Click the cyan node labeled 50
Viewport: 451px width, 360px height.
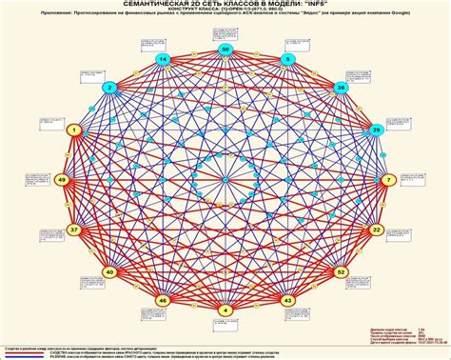point(225,49)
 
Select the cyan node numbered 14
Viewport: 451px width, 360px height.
point(163,60)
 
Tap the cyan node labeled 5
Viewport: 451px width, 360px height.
point(286,59)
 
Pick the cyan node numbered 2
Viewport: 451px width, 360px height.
point(111,88)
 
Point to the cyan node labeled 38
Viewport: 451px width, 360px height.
point(341,87)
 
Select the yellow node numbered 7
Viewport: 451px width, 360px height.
point(387,179)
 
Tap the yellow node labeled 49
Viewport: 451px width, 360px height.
point(62,179)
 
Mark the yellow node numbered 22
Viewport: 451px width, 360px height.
point(377,230)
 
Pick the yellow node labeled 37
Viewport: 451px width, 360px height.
point(74,230)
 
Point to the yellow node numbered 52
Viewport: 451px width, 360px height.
point(341,271)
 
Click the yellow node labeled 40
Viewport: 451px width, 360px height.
point(110,271)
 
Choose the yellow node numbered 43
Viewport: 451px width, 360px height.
point(287,300)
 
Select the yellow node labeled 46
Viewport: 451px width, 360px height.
point(163,300)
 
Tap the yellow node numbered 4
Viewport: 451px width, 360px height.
point(225,310)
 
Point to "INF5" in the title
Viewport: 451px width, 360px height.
point(328,7)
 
